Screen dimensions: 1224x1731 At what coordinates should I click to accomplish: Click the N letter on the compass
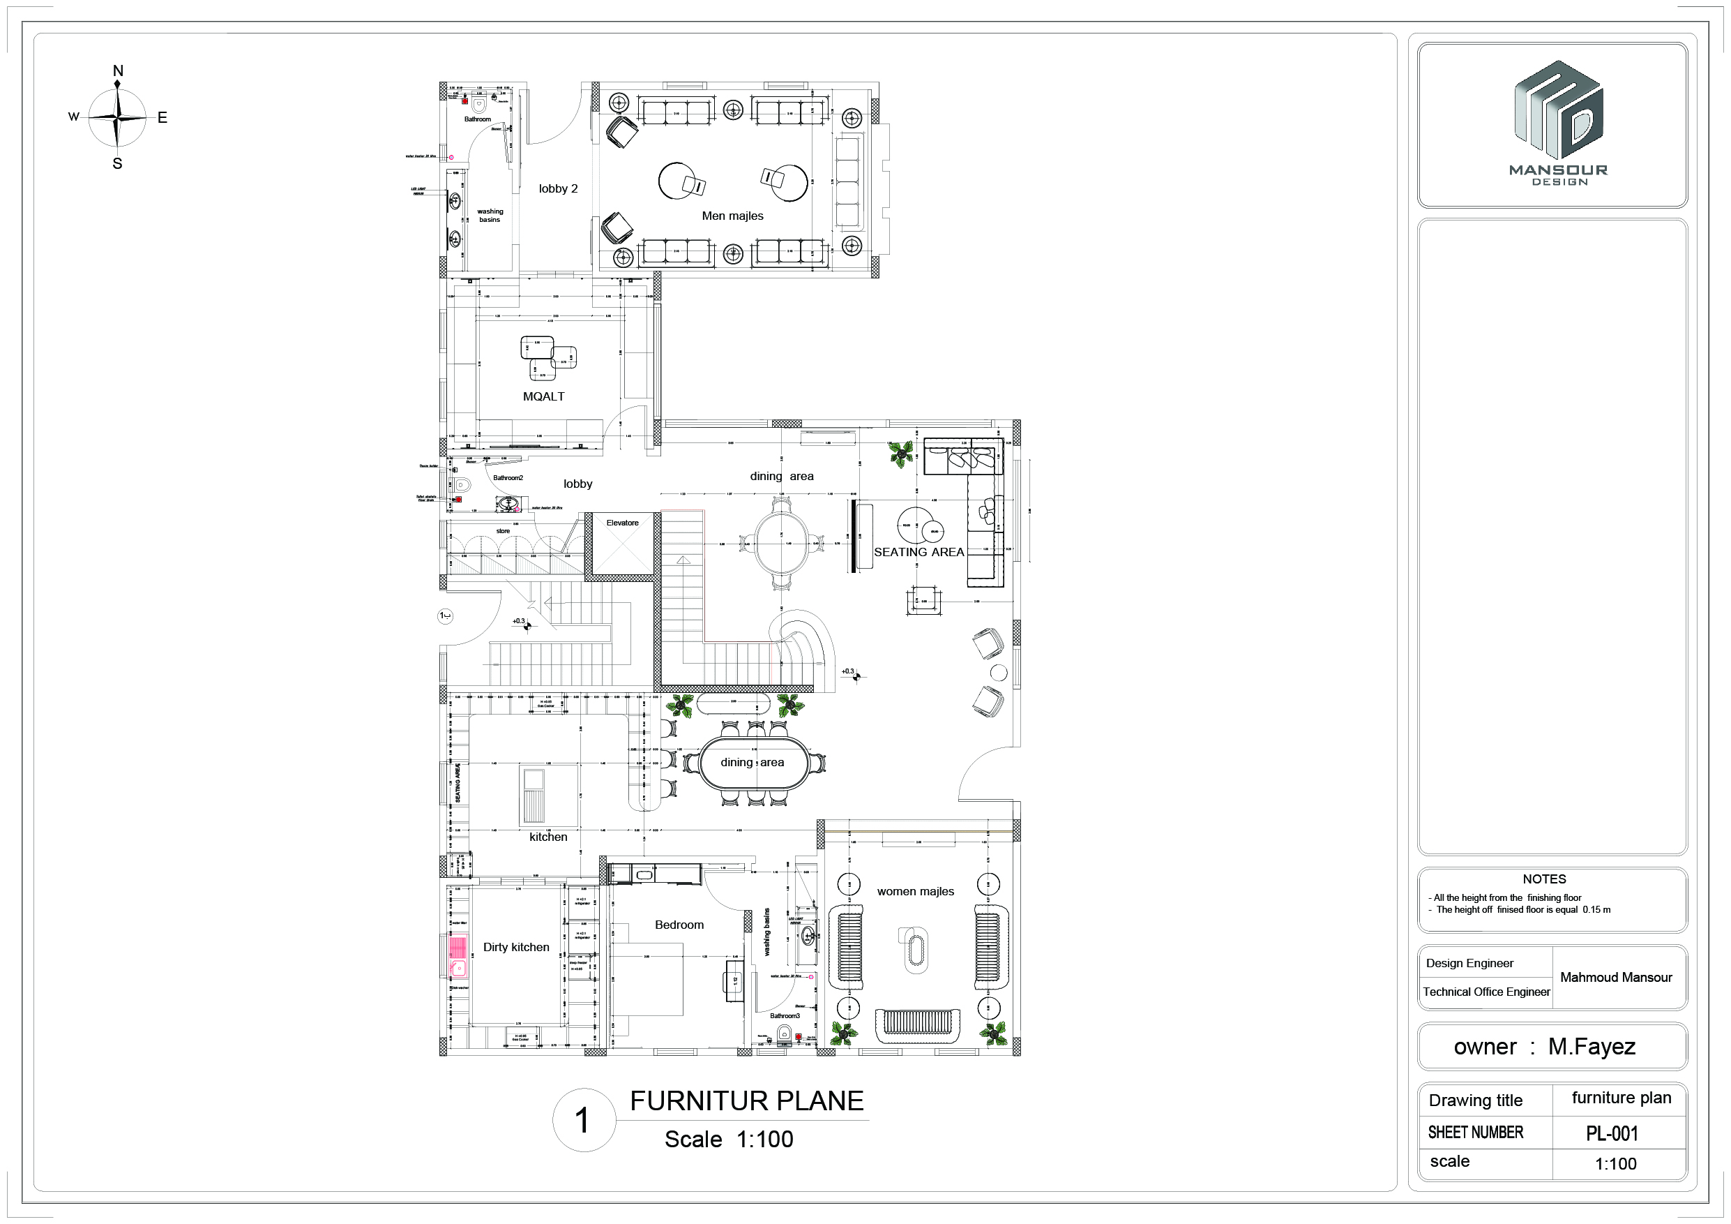click(118, 71)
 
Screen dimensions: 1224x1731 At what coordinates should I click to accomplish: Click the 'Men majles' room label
click(732, 216)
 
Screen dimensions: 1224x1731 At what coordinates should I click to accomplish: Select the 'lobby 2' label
click(558, 188)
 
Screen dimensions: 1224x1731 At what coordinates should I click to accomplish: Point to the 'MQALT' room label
click(543, 396)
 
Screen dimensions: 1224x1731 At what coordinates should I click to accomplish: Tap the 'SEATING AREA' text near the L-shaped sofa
click(919, 552)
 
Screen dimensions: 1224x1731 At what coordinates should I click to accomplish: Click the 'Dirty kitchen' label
click(515, 947)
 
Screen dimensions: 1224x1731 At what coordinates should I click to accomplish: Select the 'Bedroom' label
click(679, 925)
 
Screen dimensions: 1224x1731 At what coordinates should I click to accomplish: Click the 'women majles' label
click(915, 891)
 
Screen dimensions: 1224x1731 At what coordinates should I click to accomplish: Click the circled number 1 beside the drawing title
click(583, 1121)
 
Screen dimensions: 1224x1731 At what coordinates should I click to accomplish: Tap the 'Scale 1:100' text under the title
click(728, 1140)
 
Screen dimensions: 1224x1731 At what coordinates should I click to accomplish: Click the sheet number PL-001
click(1612, 1133)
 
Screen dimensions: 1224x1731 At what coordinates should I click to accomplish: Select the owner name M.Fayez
click(1592, 1047)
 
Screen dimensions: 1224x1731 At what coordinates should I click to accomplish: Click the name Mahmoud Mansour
click(1616, 978)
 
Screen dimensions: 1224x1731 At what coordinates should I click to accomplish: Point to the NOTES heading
click(1544, 879)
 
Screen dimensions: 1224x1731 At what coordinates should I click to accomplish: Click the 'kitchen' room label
click(548, 837)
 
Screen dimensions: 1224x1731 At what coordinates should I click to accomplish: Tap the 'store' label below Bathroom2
click(503, 531)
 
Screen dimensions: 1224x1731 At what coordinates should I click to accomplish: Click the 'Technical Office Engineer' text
click(1486, 992)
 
